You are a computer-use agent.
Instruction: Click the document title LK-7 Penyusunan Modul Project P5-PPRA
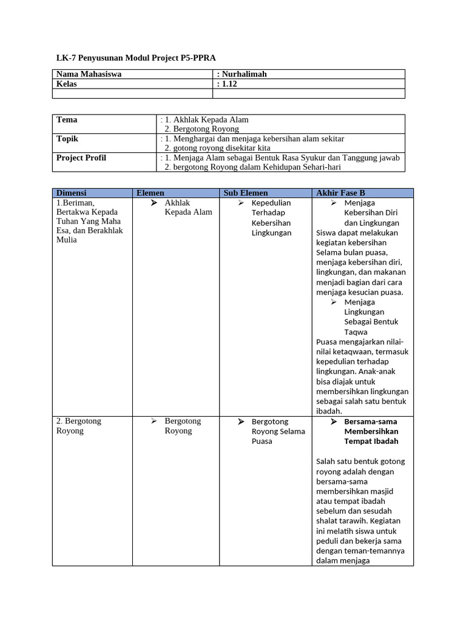pos(136,58)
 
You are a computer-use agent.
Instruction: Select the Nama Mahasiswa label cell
pos(89,74)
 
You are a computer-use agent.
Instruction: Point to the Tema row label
pos(67,119)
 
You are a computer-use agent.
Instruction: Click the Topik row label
pos(67,139)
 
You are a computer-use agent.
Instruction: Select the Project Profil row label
pos(81,158)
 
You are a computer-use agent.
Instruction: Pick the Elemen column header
pos(150,193)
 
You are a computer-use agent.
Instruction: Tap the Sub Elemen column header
pos(246,193)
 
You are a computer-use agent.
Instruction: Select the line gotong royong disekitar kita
pos(217,148)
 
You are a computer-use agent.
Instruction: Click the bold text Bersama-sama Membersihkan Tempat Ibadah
pos(371,431)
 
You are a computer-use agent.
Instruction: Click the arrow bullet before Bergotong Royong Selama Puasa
pos(241,421)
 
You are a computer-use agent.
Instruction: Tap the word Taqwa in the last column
pos(356,332)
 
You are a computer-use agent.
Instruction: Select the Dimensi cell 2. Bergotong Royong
pos(79,426)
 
